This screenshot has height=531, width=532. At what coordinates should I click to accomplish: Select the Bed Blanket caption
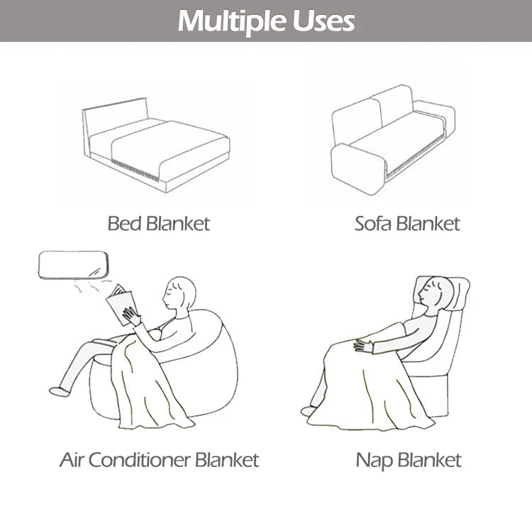tap(159, 224)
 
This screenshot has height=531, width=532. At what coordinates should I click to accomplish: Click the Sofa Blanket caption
tap(407, 224)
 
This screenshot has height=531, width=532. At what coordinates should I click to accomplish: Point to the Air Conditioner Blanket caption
tap(159, 460)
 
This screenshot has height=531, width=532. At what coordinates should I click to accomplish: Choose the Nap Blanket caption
tap(409, 460)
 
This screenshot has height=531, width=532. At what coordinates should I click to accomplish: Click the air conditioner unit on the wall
tap(73, 265)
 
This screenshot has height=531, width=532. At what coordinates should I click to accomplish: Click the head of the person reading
tap(180, 291)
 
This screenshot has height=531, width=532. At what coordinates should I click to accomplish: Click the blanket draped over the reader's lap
tap(149, 383)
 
